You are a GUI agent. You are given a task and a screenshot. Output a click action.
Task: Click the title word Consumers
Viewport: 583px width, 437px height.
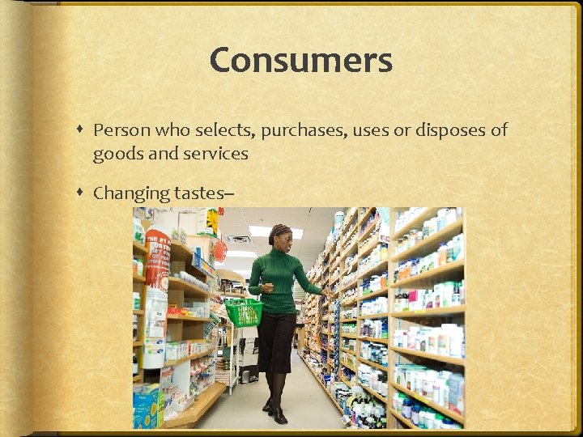[x=300, y=61]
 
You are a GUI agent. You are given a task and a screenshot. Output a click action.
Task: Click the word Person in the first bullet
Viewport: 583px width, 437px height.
[x=119, y=130]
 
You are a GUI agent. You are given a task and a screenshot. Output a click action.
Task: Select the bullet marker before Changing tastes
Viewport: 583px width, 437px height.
[x=82, y=193]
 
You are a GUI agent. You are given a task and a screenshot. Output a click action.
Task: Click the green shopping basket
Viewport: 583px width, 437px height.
[x=244, y=311]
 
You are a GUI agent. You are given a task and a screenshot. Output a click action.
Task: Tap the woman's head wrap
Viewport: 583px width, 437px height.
[x=280, y=231]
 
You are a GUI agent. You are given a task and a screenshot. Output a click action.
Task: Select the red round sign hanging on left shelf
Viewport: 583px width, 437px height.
[x=220, y=251]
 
